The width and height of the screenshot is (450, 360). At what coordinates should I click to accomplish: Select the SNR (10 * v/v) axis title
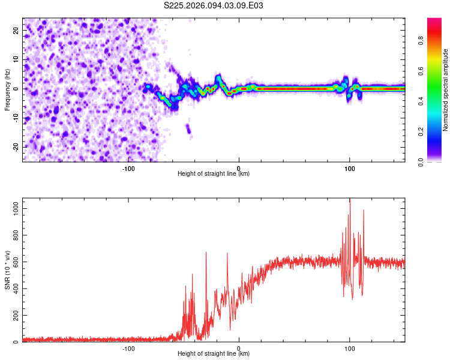click(7, 271)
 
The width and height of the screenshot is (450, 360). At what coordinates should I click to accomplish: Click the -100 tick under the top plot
click(128, 168)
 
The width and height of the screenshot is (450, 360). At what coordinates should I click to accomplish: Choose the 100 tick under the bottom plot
click(349, 348)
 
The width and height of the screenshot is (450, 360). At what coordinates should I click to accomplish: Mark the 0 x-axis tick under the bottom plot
click(239, 348)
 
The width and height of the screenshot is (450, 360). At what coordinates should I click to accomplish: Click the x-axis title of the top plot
click(214, 174)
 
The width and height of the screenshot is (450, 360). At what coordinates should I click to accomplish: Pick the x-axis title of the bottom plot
click(214, 354)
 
